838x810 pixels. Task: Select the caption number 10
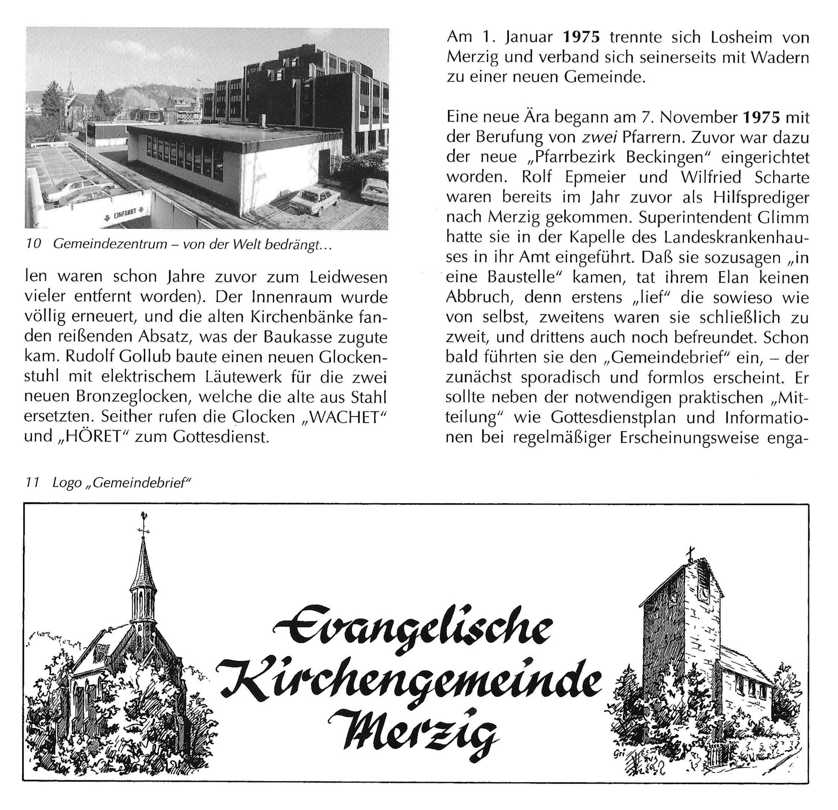coord(34,244)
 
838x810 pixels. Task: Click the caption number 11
coord(32,482)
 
